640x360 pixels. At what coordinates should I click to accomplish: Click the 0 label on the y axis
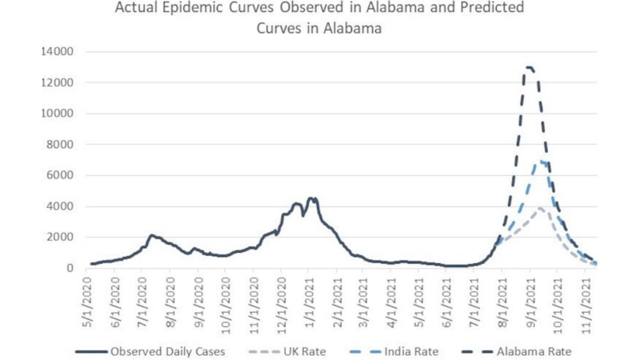click(70, 268)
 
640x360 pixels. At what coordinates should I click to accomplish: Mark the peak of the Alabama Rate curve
click(529, 67)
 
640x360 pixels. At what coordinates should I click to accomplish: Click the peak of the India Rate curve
click(543, 162)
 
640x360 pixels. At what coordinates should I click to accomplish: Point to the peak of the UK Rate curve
click(541, 208)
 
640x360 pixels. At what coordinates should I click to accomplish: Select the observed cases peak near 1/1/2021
click(313, 198)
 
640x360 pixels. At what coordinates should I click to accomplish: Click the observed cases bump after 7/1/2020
click(152, 235)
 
